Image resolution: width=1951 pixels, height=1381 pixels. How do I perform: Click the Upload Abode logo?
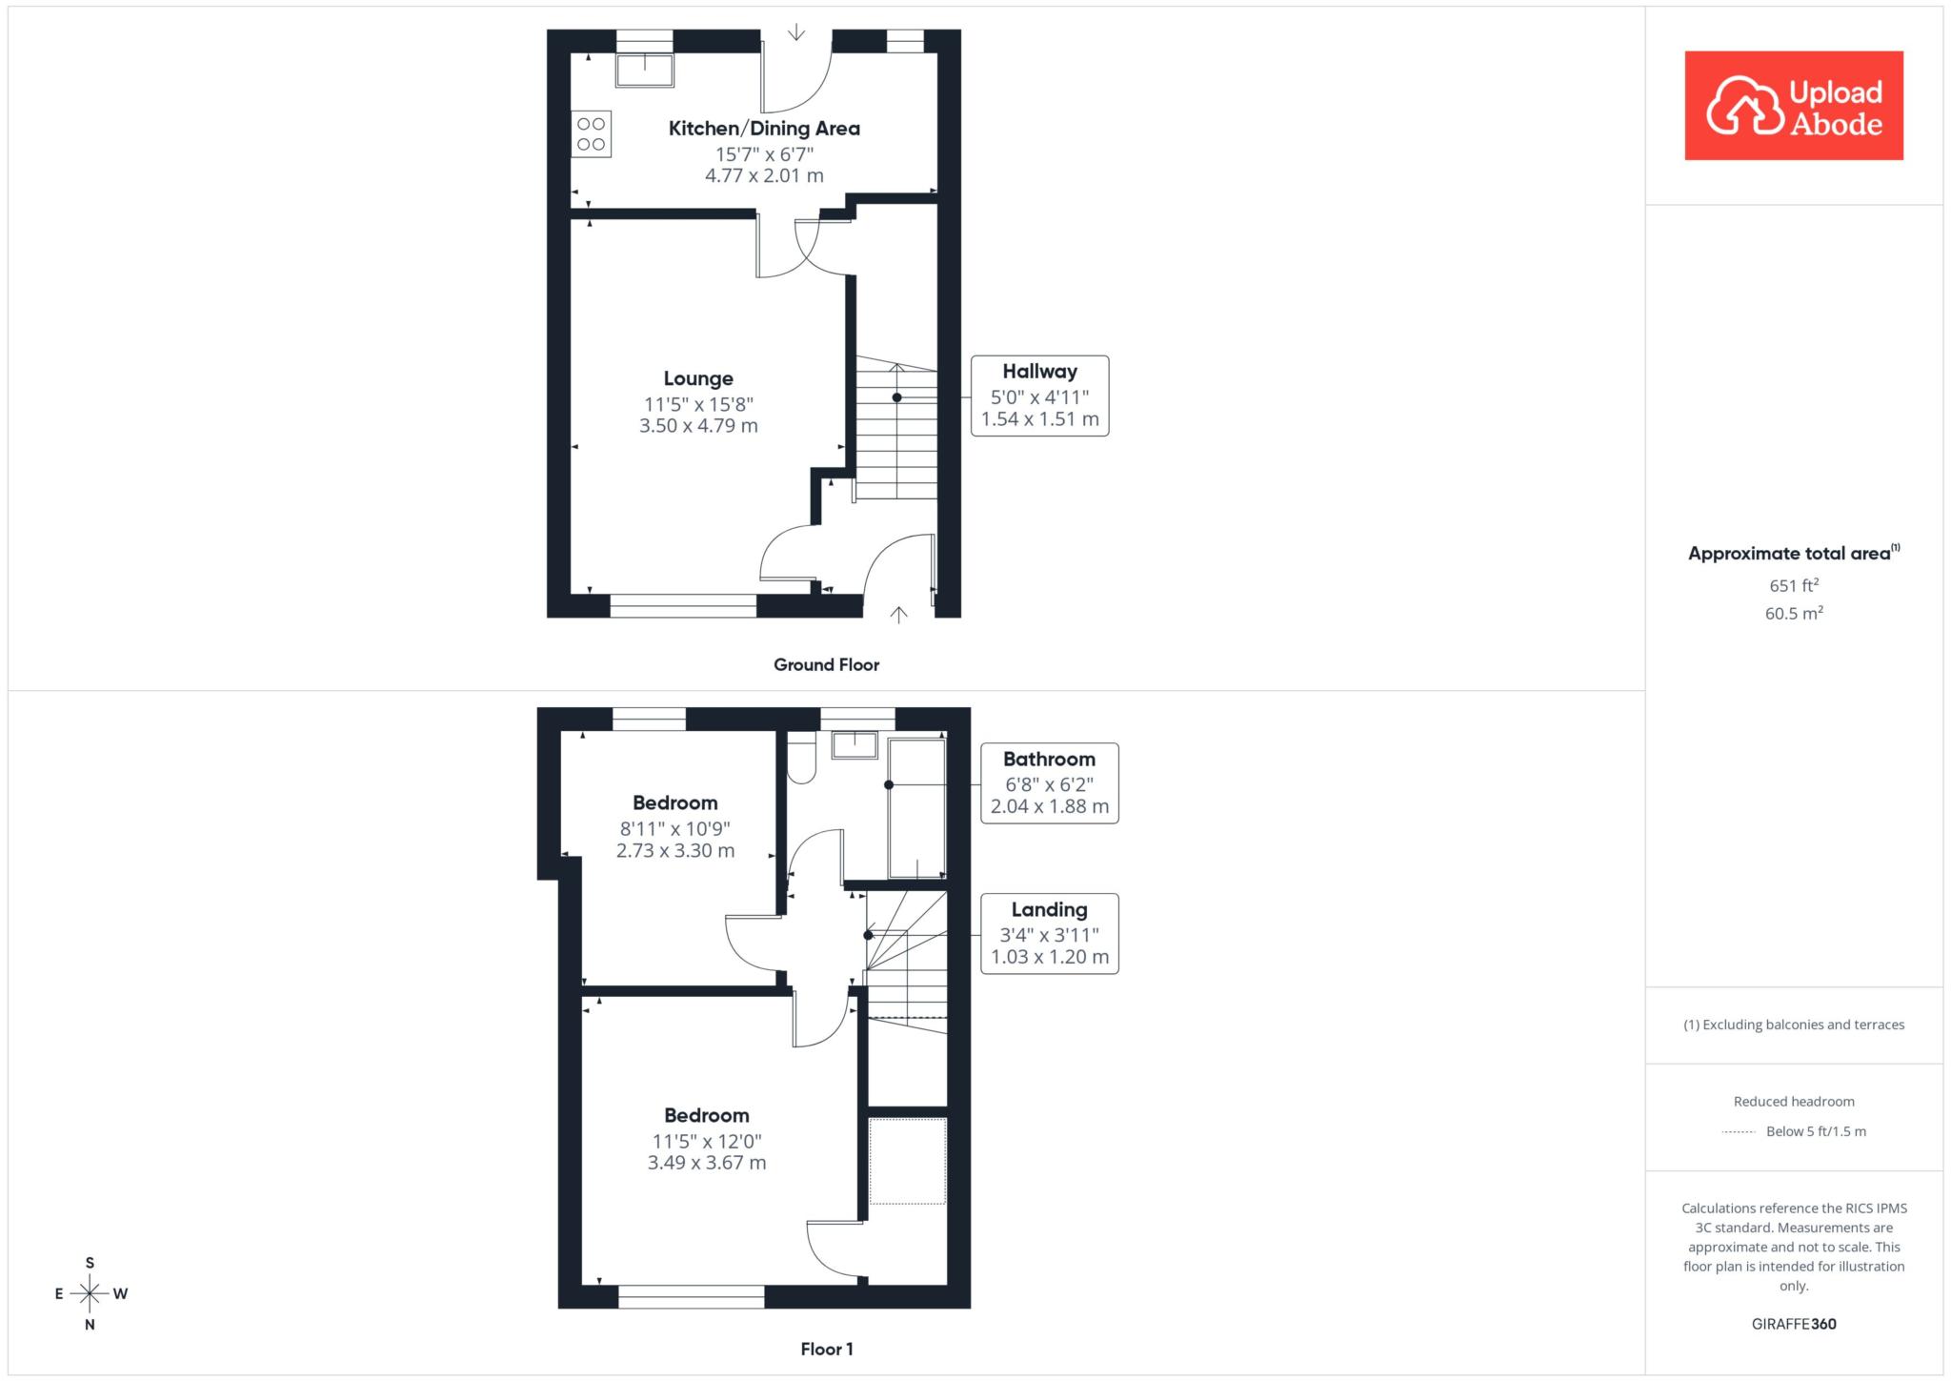(x=1794, y=106)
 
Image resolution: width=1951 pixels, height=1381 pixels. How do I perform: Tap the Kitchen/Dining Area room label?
(x=764, y=129)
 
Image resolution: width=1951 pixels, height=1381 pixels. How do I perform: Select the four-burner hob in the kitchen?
(x=592, y=134)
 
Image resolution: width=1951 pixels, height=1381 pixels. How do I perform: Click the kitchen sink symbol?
(x=645, y=71)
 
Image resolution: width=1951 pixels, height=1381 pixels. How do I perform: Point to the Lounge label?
(x=698, y=379)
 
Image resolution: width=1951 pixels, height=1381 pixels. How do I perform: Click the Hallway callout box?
(x=1039, y=396)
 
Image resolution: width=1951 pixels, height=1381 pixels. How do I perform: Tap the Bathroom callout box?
(x=1049, y=783)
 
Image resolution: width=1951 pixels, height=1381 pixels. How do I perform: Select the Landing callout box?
(x=1049, y=934)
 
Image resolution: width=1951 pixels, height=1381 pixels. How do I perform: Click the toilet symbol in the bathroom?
(x=802, y=758)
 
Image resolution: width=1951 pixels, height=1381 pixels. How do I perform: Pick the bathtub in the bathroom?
(x=916, y=808)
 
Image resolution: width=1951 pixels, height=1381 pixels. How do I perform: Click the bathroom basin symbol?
(x=855, y=744)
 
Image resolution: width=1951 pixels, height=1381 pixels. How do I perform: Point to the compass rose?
(x=90, y=1293)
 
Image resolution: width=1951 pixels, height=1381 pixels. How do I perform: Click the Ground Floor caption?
(x=826, y=665)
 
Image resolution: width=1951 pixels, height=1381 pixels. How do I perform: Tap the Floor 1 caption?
(x=827, y=1349)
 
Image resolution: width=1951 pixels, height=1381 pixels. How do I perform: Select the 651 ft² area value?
(x=1794, y=585)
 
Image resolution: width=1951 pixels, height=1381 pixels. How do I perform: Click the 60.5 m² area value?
(x=1794, y=613)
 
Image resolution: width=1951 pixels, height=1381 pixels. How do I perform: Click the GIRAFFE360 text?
(x=1794, y=1324)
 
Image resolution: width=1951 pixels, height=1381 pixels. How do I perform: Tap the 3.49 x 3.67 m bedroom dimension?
(x=707, y=1163)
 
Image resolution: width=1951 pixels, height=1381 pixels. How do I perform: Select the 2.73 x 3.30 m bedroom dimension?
(x=675, y=851)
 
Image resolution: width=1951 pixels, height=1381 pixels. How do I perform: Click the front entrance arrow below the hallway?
(x=898, y=615)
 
